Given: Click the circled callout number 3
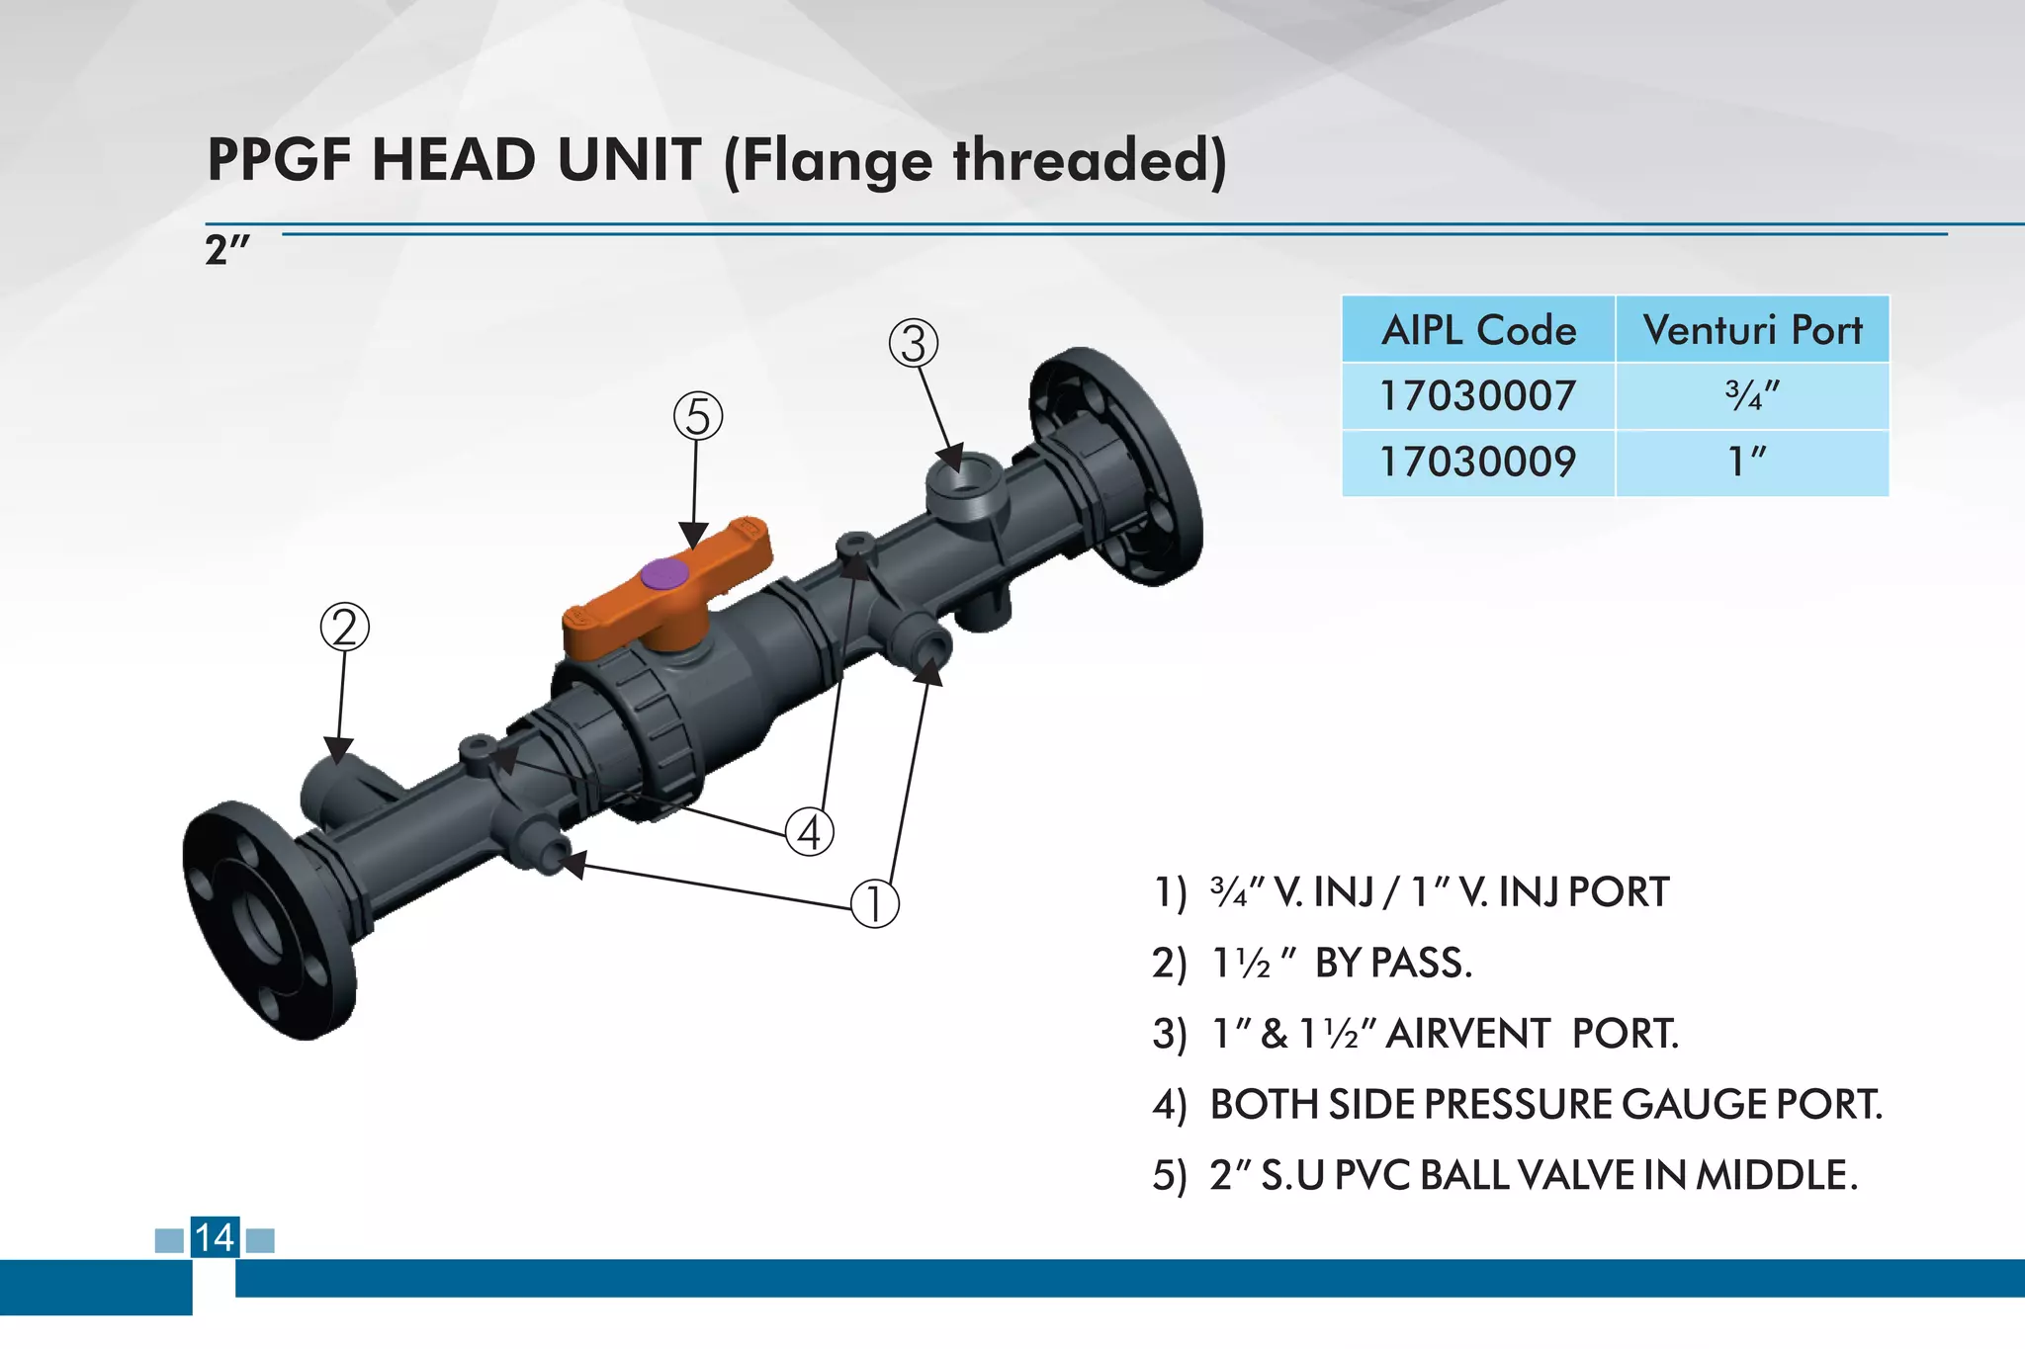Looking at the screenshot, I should pos(914,344).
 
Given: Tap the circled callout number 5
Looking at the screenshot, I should pos(698,416).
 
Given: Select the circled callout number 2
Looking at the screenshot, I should pos(345,628).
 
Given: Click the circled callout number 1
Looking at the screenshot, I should pos(875,903).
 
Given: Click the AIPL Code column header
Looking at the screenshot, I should pos(1478,330).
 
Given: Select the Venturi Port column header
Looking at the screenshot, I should pos(1752,330).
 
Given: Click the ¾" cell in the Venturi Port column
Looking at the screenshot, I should pos(1751,396).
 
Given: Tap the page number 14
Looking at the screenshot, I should pos(215,1237).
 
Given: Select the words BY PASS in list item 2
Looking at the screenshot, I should pos(1393,964).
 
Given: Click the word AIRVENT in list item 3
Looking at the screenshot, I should pos(1468,1035).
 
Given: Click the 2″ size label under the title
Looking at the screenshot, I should pos(227,250).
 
